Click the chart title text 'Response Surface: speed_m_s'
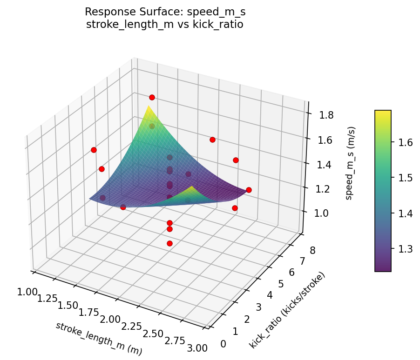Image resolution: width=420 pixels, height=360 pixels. click(x=165, y=12)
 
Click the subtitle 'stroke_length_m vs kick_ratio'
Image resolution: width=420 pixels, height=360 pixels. click(x=165, y=24)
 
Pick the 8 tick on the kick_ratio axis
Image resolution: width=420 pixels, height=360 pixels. click(x=312, y=251)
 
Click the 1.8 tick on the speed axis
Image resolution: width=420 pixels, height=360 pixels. click(x=326, y=114)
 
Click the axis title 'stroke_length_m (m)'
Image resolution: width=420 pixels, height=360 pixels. click(x=99, y=339)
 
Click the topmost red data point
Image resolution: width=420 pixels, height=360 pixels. click(x=152, y=97)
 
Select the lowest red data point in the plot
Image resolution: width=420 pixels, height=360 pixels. click(x=169, y=243)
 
